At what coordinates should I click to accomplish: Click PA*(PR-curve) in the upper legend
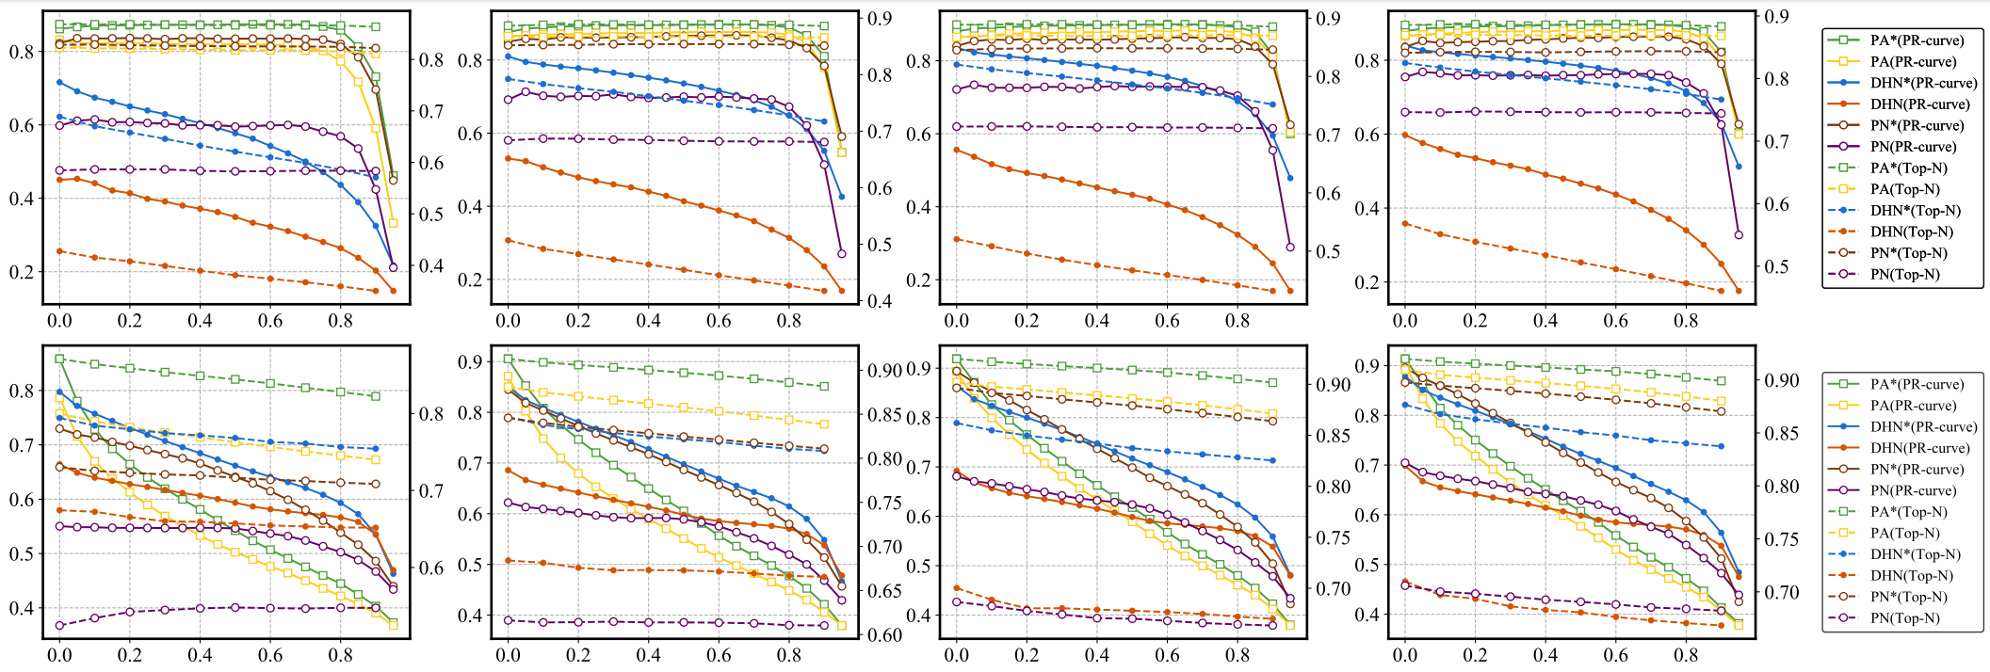(1917, 40)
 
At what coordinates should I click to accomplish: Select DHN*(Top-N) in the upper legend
(1916, 211)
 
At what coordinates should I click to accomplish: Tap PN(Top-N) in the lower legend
(1905, 618)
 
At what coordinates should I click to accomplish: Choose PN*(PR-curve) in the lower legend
(1917, 470)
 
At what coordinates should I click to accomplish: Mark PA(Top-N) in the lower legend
(1905, 534)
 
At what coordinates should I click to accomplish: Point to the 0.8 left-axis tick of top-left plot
(22, 52)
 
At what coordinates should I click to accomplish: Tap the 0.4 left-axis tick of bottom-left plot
(22, 608)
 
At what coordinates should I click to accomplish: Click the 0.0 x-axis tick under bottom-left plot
(59, 656)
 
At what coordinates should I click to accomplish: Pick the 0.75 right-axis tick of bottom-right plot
(1781, 539)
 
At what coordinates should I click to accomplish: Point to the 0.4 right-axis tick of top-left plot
(431, 266)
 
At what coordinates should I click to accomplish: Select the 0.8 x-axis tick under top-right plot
(1686, 320)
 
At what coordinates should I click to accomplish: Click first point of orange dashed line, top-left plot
(59, 251)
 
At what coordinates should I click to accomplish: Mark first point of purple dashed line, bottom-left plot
(59, 625)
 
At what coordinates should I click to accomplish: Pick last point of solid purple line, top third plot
(1290, 248)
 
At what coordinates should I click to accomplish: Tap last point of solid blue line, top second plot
(842, 197)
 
